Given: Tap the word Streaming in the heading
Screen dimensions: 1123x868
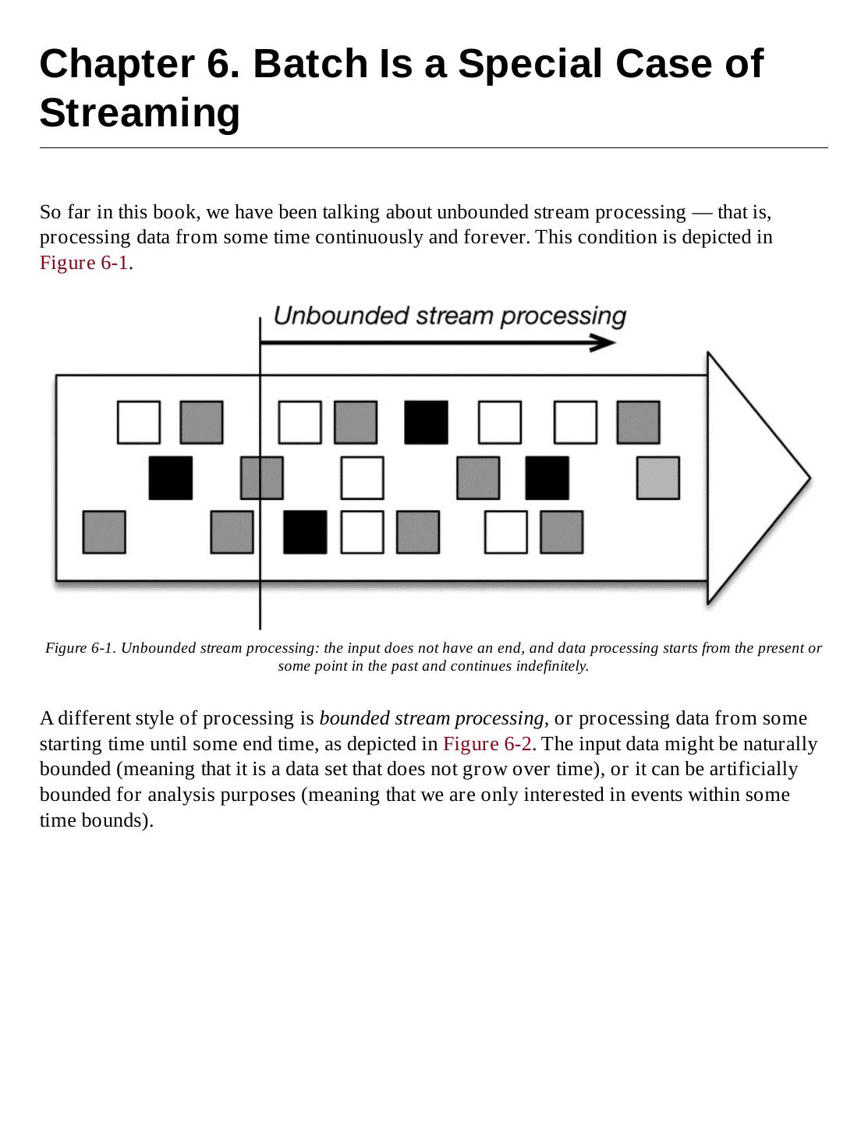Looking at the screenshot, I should (x=140, y=113).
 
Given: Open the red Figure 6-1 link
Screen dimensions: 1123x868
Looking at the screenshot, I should (x=84, y=263).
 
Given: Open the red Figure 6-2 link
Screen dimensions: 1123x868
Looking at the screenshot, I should (x=487, y=744).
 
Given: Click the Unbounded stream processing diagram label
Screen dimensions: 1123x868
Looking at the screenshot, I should (x=449, y=316).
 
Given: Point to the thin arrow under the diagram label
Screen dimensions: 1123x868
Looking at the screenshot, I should (x=437, y=342).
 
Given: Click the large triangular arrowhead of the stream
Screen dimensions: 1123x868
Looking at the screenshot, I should (x=753, y=477).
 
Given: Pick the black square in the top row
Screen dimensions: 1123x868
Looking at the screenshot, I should (x=426, y=422).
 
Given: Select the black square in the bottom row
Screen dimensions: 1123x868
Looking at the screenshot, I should (x=304, y=532).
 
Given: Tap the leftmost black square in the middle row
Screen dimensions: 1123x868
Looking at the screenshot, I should (x=170, y=478).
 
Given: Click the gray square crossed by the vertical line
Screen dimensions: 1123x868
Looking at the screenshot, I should (x=261, y=478).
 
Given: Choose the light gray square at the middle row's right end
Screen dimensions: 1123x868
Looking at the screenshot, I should (x=657, y=478).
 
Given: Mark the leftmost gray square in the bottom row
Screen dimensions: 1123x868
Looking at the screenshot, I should (x=104, y=532).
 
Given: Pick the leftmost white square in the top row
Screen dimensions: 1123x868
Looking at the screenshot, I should (x=139, y=422).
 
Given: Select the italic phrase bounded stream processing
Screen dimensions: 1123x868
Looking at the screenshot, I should (x=431, y=718).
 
